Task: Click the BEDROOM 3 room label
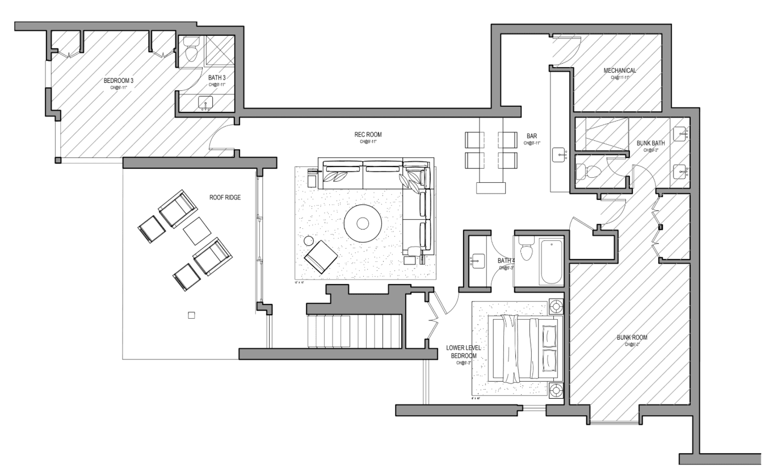click(x=118, y=81)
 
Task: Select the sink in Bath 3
click(x=205, y=103)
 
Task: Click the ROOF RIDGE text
click(x=225, y=198)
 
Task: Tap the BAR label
click(x=532, y=136)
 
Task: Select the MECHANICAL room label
click(x=619, y=70)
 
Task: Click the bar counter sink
click(x=561, y=154)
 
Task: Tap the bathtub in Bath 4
click(x=551, y=262)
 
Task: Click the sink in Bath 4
click(x=475, y=261)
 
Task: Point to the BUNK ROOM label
click(x=632, y=337)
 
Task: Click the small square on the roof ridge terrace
click(x=191, y=315)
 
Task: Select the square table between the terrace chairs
click(x=197, y=231)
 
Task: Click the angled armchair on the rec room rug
click(x=321, y=257)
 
